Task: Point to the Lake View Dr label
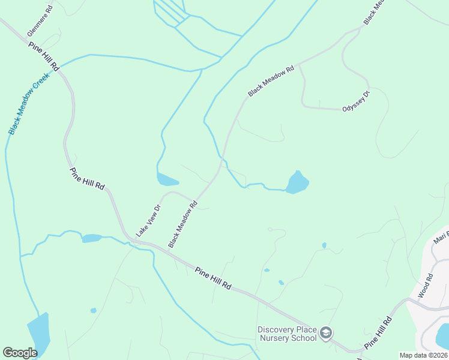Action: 149,221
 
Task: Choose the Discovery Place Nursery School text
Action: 287,334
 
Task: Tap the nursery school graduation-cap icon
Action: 326,333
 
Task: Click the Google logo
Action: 20,353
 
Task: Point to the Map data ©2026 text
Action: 423,355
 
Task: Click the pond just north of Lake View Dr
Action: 167,179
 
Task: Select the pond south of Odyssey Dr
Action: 297,182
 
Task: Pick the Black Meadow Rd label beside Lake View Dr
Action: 182,224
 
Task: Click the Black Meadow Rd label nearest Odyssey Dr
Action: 271,80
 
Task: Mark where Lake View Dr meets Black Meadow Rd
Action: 193,200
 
